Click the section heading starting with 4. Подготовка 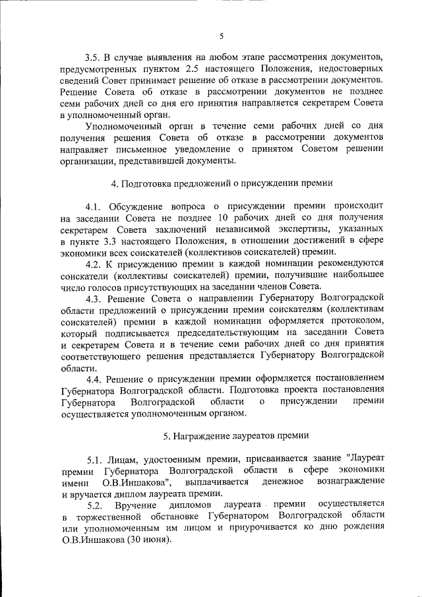pyautogui.click(x=222, y=183)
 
